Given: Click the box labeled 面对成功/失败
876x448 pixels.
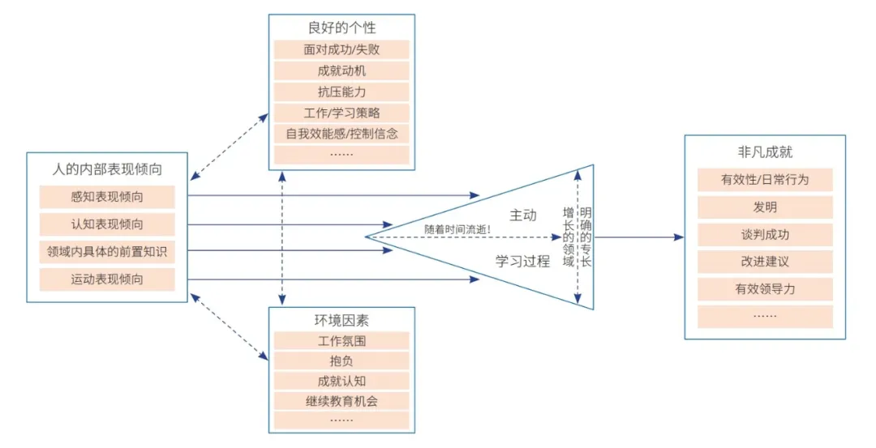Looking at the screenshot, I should [x=341, y=49].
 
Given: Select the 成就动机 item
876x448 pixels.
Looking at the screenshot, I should [x=341, y=70].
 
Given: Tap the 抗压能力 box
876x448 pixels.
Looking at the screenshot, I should [x=341, y=92].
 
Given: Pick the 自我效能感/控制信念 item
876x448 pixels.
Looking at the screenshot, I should [x=341, y=134].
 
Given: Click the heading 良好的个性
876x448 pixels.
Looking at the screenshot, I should [x=341, y=28].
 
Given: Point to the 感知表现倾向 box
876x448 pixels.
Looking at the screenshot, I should [x=107, y=197].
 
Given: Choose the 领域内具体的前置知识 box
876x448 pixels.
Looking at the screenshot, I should [x=107, y=252].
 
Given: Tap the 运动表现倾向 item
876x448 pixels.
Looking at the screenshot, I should [x=107, y=280].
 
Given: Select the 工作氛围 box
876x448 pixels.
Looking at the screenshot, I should [x=341, y=341].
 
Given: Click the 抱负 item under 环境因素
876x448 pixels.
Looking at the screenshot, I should [x=341, y=361].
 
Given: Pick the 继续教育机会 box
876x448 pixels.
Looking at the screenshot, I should [x=341, y=400].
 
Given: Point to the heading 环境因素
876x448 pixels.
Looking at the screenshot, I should [x=341, y=320].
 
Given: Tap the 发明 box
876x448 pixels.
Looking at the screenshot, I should [x=765, y=207].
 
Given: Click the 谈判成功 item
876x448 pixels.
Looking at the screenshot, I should [x=765, y=235].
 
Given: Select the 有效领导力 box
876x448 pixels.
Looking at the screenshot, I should [x=765, y=289].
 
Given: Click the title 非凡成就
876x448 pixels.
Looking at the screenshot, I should [x=765, y=152].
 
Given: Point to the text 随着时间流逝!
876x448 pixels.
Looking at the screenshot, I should [x=458, y=229].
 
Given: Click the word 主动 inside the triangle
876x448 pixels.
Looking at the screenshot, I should [x=523, y=215].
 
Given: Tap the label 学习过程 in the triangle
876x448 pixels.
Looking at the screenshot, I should [x=523, y=262].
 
